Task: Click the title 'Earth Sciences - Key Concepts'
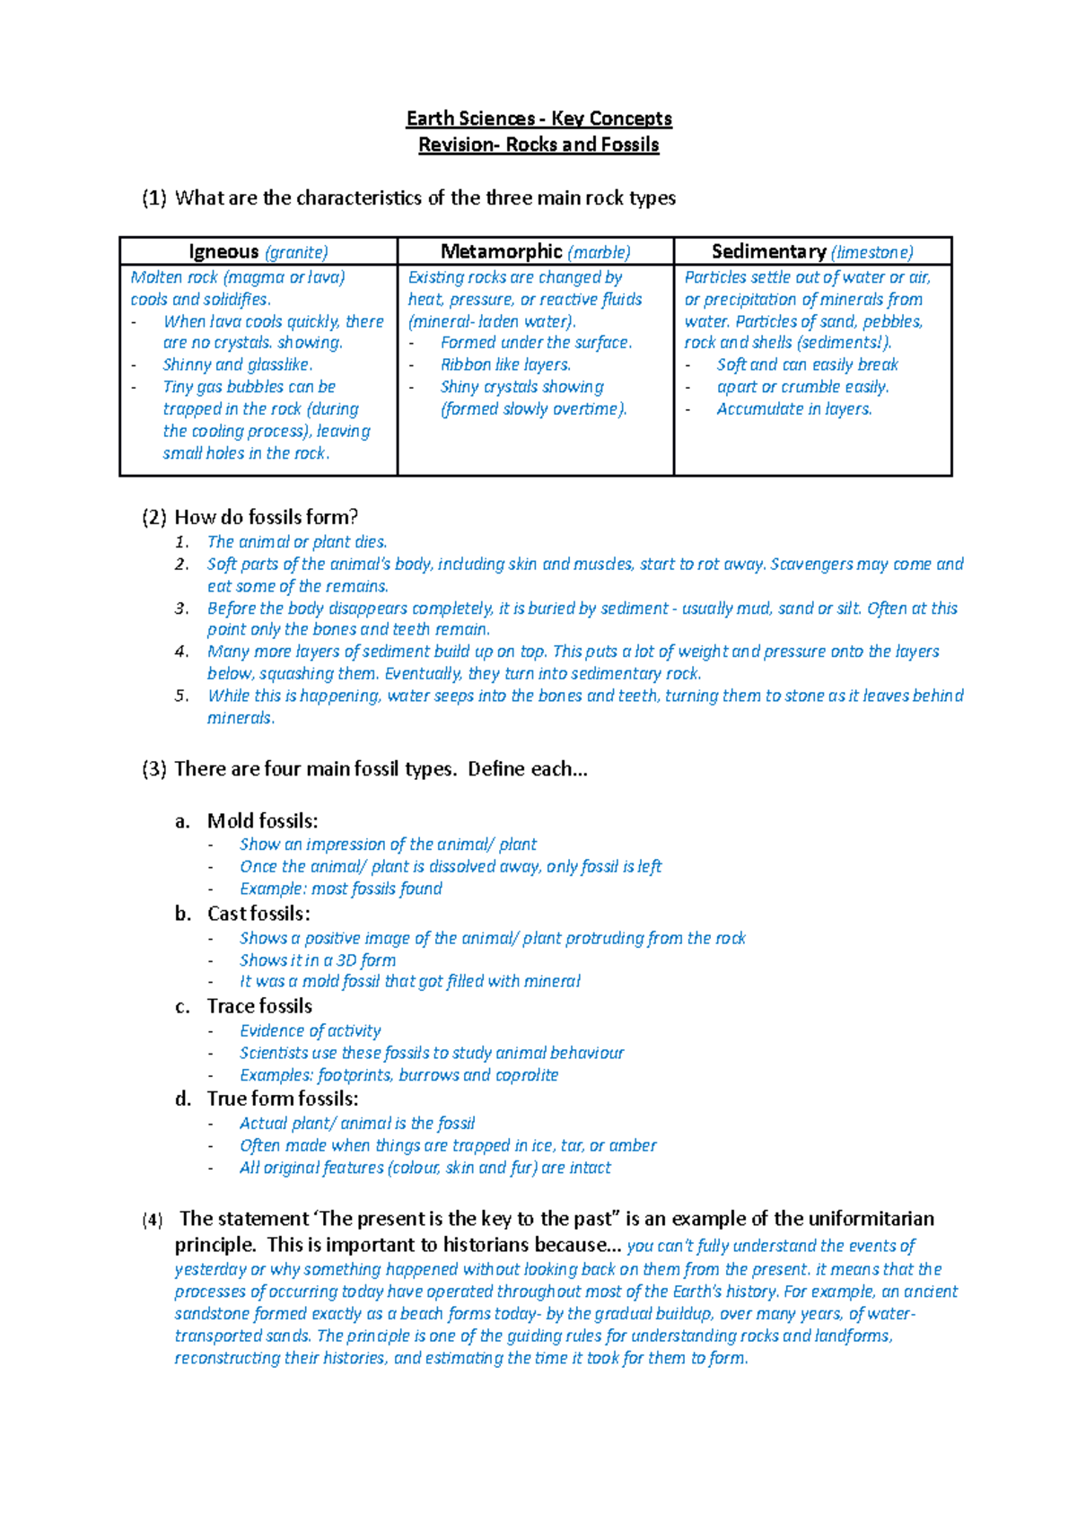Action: click(x=538, y=118)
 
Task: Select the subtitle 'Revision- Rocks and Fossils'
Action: click(x=538, y=145)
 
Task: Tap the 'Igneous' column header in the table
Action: click(x=223, y=252)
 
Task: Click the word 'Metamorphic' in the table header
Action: click(x=501, y=252)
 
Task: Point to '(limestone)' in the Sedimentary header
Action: click(x=871, y=253)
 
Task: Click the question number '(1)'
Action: click(x=153, y=198)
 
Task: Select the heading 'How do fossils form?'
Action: click(x=266, y=517)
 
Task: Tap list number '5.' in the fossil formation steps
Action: click(x=181, y=696)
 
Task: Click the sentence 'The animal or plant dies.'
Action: click(x=296, y=542)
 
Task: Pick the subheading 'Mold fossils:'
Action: click(x=262, y=821)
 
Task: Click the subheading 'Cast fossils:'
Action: click(x=258, y=914)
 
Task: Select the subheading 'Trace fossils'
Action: click(x=259, y=1006)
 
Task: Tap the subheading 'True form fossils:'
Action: click(x=282, y=1099)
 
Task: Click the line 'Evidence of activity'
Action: click(x=310, y=1031)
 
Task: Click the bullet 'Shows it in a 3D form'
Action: click(x=317, y=960)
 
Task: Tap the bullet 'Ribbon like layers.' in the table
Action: click(x=505, y=365)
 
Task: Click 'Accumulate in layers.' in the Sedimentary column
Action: click(x=793, y=409)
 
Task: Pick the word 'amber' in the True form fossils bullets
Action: click(x=633, y=1146)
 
